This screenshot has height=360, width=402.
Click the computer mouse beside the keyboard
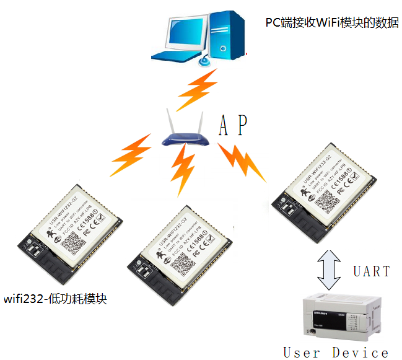(x=204, y=60)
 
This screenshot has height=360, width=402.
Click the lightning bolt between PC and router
(x=197, y=89)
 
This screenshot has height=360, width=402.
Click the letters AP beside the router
(x=234, y=126)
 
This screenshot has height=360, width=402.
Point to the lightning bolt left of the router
(x=130, y=155)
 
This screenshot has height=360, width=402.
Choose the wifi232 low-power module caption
(x=56, y=299)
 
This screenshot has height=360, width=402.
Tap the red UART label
(x=372, y=271)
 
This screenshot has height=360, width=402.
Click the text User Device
(x=336, y=353)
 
